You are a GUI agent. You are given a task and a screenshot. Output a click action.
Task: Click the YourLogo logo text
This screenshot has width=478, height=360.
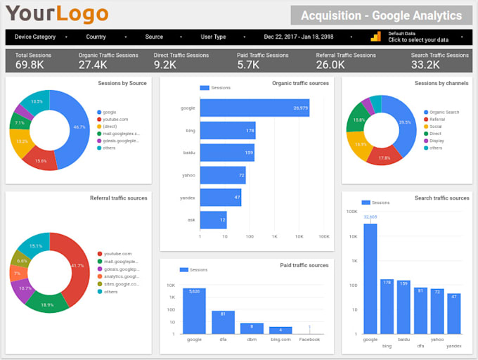(57, 13)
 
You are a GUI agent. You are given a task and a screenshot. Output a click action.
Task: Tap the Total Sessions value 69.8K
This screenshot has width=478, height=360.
(30, 65)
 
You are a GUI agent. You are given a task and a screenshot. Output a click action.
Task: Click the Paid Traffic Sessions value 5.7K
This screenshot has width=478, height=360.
(250, 65)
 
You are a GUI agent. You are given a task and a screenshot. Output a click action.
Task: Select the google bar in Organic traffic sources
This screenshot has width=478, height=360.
(254, 108)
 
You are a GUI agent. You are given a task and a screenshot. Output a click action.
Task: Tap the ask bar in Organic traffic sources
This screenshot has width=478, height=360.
(213, 219)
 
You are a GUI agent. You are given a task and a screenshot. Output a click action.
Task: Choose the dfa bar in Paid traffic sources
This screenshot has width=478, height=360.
(223, 322)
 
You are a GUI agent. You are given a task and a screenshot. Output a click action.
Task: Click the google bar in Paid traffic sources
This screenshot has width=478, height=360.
(194, 311)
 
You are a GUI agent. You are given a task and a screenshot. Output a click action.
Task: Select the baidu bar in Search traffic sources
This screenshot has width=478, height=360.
(403, 307)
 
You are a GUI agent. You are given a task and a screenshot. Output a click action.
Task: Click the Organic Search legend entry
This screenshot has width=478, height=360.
(444, 112)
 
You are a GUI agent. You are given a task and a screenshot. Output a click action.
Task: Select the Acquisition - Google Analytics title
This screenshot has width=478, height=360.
(381, 15)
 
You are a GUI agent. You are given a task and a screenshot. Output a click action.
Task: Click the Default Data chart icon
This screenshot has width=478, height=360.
(376, 37)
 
